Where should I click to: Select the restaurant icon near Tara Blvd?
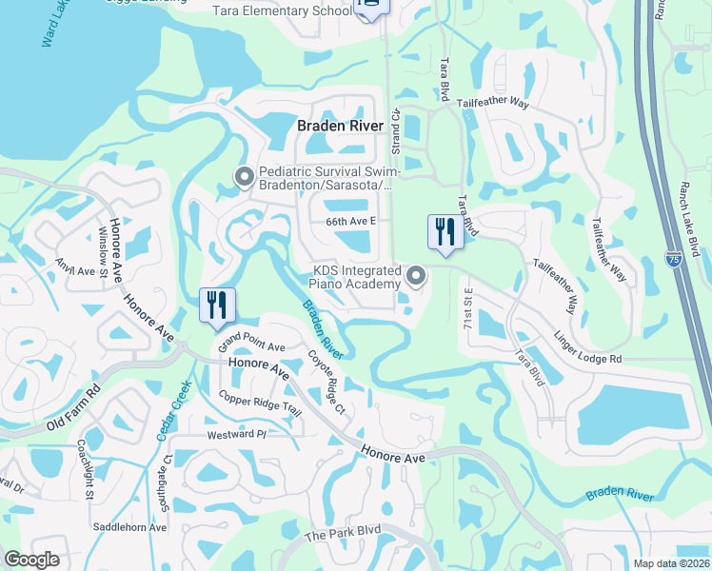445,232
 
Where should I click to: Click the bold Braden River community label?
340,126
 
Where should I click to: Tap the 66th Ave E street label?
352,221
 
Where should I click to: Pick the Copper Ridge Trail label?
260,404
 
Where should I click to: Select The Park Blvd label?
342,536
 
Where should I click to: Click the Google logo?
31,560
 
